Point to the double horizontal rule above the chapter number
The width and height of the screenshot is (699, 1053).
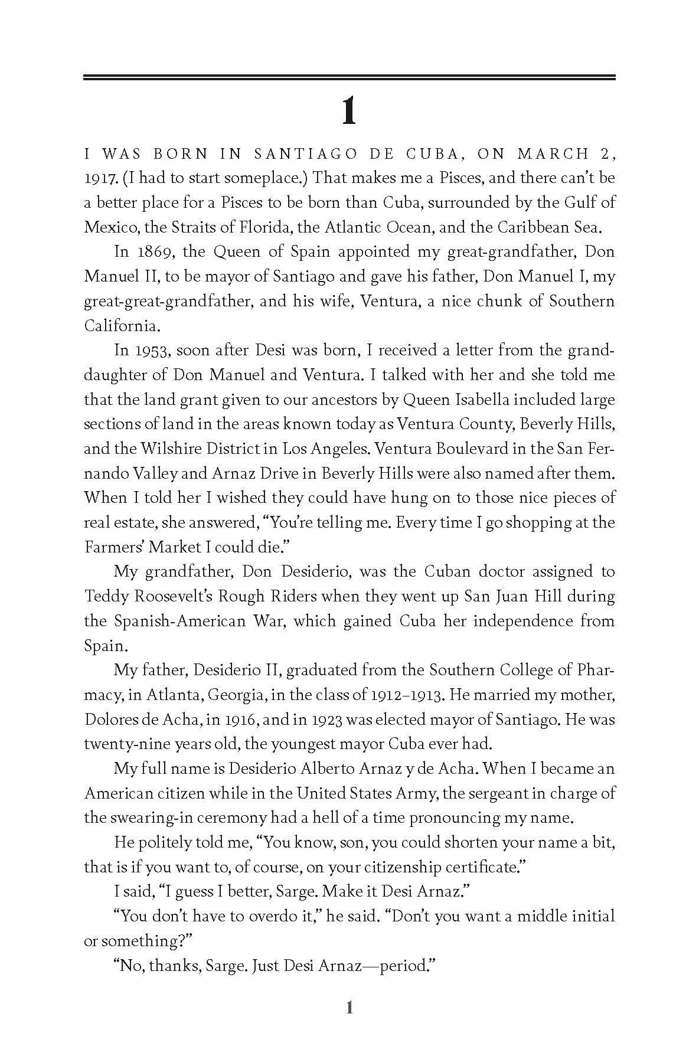349,77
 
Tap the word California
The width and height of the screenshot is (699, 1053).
122,326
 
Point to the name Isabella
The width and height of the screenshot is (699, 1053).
478,400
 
